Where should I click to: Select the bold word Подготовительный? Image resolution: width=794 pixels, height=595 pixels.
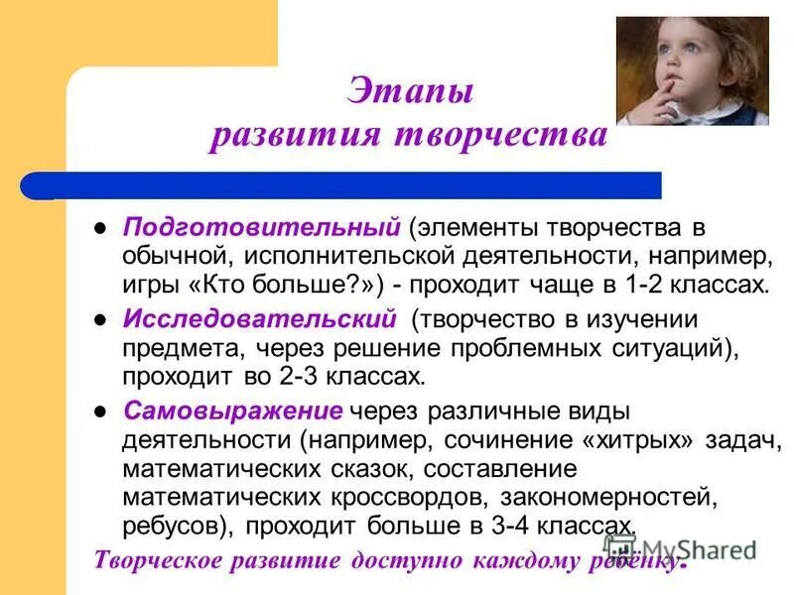click(261, 226)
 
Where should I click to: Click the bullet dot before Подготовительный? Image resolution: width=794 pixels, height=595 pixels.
click(99, 227)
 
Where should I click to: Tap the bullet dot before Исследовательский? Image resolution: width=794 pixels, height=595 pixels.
click(99, 319)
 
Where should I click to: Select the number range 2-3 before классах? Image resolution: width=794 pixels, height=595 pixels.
click(306, 377)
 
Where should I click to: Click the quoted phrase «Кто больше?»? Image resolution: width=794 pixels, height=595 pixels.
click(294, 286)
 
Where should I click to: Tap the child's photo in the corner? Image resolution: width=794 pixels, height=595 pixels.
click(692, 70)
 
